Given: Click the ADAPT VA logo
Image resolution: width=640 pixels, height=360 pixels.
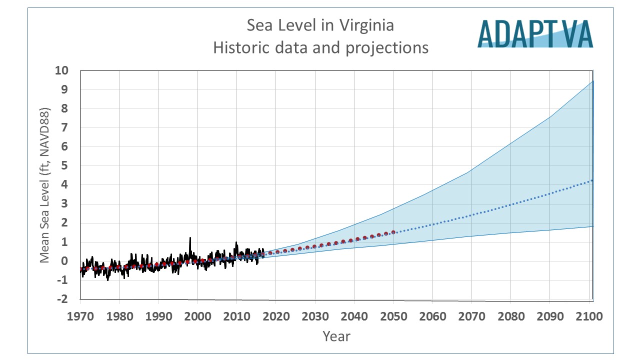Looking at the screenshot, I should pyautogui.click(x=535, y=33).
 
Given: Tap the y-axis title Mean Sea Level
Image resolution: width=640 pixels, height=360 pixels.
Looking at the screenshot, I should pyautogui.click(x=45, y=185).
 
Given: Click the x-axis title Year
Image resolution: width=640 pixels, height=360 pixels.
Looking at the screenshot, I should pyautogui.click(x=336, y=336).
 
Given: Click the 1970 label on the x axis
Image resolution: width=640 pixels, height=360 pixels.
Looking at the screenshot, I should pyautogui.click(x=80, y=316).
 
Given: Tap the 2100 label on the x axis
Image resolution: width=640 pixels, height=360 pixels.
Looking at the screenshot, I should pyautogui.click(x=588, y=316).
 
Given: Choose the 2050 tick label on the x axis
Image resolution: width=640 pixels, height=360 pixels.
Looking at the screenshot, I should pyautogui.click(x=393, y=316).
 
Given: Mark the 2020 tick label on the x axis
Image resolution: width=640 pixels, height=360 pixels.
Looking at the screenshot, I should pyautogui.click(x=276, y=316).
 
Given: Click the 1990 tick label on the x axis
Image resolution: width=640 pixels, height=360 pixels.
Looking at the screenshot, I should pyautogui.click(x=158, y=316).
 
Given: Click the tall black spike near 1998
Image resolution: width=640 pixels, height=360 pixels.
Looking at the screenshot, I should pyautogui.click(x=190, y=238).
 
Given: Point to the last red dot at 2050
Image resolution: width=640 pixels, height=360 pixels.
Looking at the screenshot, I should pyautogui.click(x=393, y=232).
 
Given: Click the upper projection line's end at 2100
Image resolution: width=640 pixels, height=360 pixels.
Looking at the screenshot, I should pyautogui.click(x=592, y=80).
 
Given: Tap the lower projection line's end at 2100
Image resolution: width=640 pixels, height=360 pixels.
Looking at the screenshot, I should pyautogui.click(x=592, y=226).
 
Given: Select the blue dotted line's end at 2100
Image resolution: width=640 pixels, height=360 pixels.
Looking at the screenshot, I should pyautogui.click(x=592, y=180).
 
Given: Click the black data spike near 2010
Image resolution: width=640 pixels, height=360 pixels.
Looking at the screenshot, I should pyautogui.click(x=236, y=243).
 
